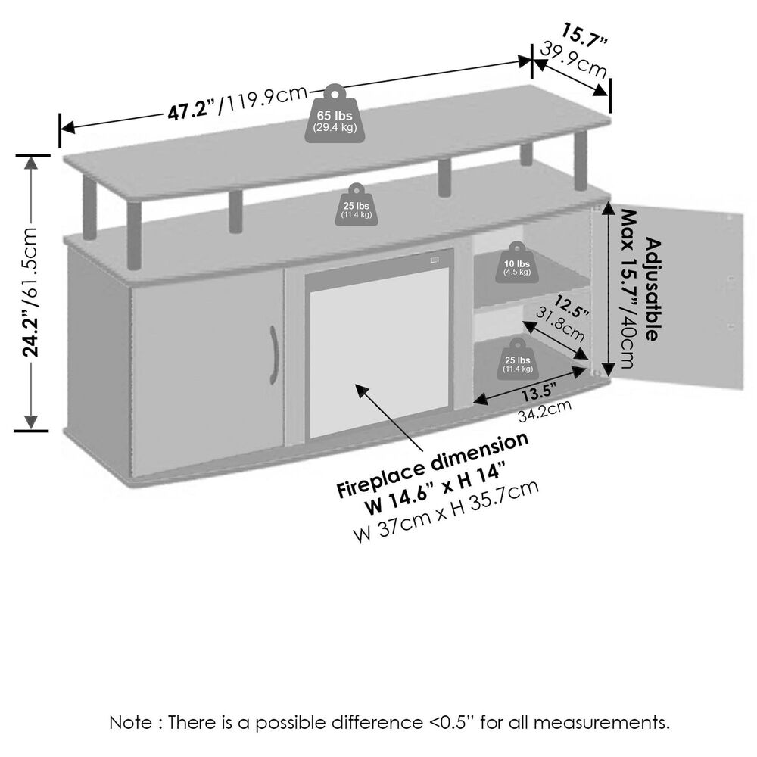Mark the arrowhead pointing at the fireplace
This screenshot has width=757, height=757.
tap(360, 388)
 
